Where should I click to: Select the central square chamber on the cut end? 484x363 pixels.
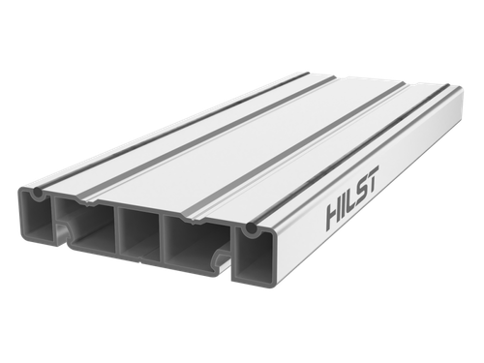click(136, 231)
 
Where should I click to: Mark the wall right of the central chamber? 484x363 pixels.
click(164, 239)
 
